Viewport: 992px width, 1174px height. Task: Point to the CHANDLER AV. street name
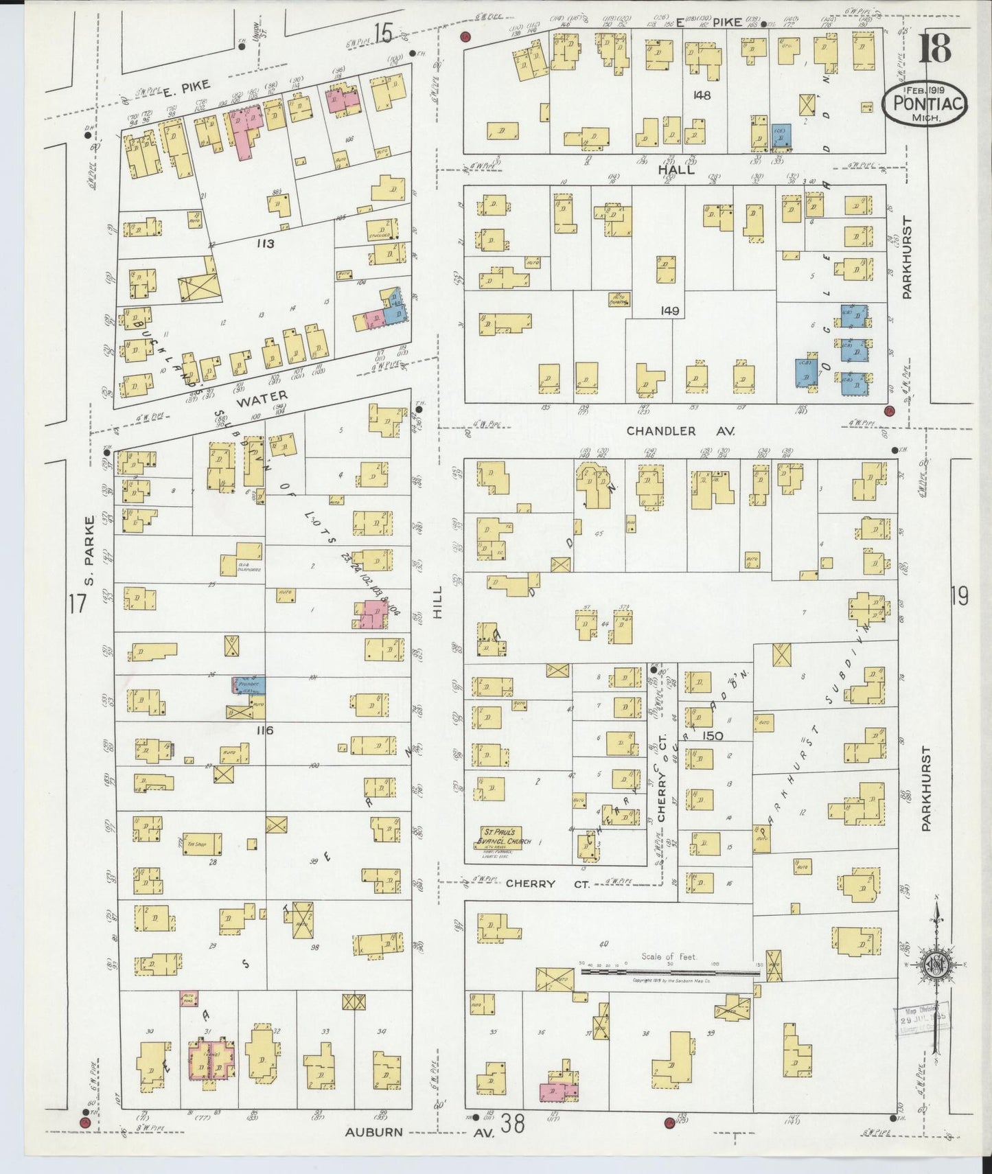point(680,431)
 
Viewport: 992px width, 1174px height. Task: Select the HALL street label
point(676,170)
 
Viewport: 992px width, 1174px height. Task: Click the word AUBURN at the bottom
point(374,1131)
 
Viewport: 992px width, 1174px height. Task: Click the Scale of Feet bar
point(669,971)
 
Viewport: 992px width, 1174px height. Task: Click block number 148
point(702,95)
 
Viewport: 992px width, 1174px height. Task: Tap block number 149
point(669,311)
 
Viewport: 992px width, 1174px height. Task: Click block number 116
point(264,730)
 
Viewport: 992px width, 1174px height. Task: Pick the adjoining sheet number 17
point(76,604)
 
